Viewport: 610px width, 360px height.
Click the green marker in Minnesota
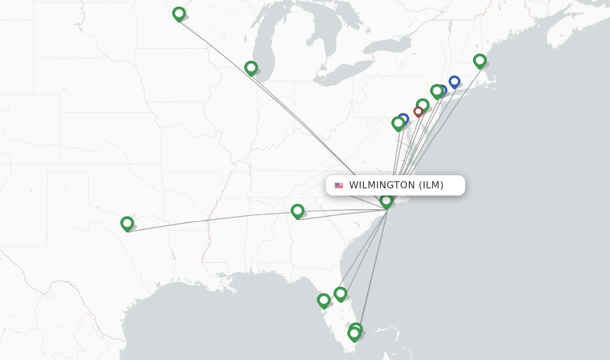pos(179,14)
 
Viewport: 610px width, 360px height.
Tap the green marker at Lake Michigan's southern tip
pos(251,68)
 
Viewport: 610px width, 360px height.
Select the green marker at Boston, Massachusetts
pos(480,60)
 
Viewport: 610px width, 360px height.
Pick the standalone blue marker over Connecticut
pos(455,81)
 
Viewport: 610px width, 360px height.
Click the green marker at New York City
pos(437,91)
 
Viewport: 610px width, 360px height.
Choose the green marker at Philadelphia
pos(422,105)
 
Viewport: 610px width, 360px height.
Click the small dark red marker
pos(418,111)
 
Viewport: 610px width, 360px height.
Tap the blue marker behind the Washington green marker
pos(404,118)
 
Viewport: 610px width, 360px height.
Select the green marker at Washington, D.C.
pos(398,123)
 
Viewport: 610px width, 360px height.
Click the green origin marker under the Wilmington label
pos(387,201)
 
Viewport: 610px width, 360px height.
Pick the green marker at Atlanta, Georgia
pos(297,210)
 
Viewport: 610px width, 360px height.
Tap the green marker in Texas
pos(127,224)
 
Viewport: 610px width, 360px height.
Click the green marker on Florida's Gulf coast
pos(323,300)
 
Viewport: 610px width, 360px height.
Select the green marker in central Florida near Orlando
pos(340,293)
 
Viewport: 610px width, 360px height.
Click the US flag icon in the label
pos(339,185)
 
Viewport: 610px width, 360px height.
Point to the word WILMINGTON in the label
pos(381,185)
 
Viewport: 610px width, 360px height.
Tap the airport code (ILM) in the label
pos(431,185)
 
